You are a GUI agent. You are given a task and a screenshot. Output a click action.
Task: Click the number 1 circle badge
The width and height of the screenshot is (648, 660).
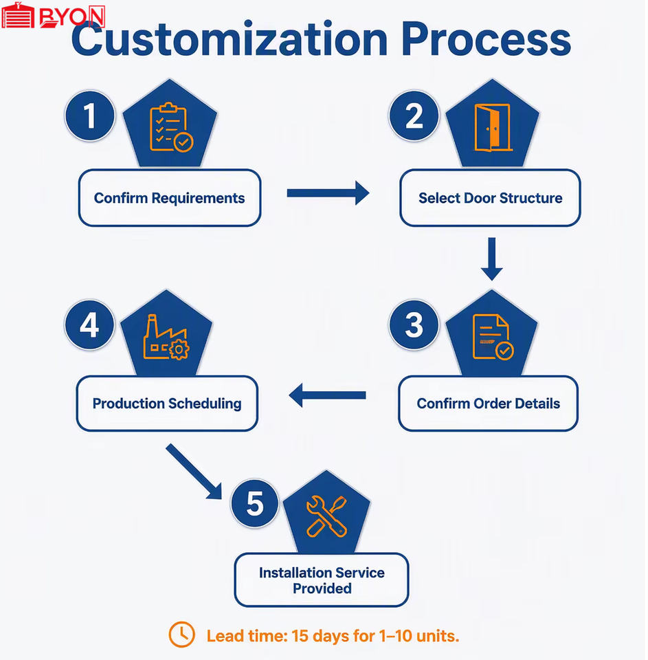(x=89, y=115)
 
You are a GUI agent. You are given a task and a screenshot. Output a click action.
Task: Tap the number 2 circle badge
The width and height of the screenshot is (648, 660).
(x=414, y=115)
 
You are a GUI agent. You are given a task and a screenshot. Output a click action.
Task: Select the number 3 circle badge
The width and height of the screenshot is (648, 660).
(x=414, y=325)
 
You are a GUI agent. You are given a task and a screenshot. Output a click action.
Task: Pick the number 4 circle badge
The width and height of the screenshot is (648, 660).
(x=89, y=325)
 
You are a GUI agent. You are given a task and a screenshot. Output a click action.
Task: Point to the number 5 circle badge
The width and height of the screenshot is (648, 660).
(x=255, y=503)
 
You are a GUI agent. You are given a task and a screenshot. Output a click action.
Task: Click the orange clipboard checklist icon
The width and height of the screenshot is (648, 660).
(x=171, y=126)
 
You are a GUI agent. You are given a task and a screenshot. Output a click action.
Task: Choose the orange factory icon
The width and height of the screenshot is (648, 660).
(x=166, y=338)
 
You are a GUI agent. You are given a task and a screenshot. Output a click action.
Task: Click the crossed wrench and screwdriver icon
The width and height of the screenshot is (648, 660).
(x=327, y=516)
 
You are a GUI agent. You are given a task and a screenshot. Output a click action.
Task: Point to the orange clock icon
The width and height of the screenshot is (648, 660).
(x=182, y=635)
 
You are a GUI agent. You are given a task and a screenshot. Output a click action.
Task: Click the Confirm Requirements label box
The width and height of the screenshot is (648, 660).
(x=170, y=198)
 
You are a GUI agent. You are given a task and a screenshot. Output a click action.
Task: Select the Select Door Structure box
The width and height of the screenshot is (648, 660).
(x=490, y=198)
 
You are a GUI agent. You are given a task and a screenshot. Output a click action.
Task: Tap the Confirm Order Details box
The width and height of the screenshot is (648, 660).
(x=488, y=404)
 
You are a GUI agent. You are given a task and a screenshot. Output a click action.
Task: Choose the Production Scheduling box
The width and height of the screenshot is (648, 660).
(x=167, y=404)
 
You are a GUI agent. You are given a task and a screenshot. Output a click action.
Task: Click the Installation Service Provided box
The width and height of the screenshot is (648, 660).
(x=322, y=580)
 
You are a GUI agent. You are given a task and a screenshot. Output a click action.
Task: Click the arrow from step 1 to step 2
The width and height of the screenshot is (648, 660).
(x=328, y=193)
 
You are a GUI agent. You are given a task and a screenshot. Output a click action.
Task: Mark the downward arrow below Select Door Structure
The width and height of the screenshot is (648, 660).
(x=492, y=259)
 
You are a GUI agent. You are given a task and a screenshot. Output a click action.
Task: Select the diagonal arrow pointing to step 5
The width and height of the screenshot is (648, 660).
(x=194, y=472)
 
